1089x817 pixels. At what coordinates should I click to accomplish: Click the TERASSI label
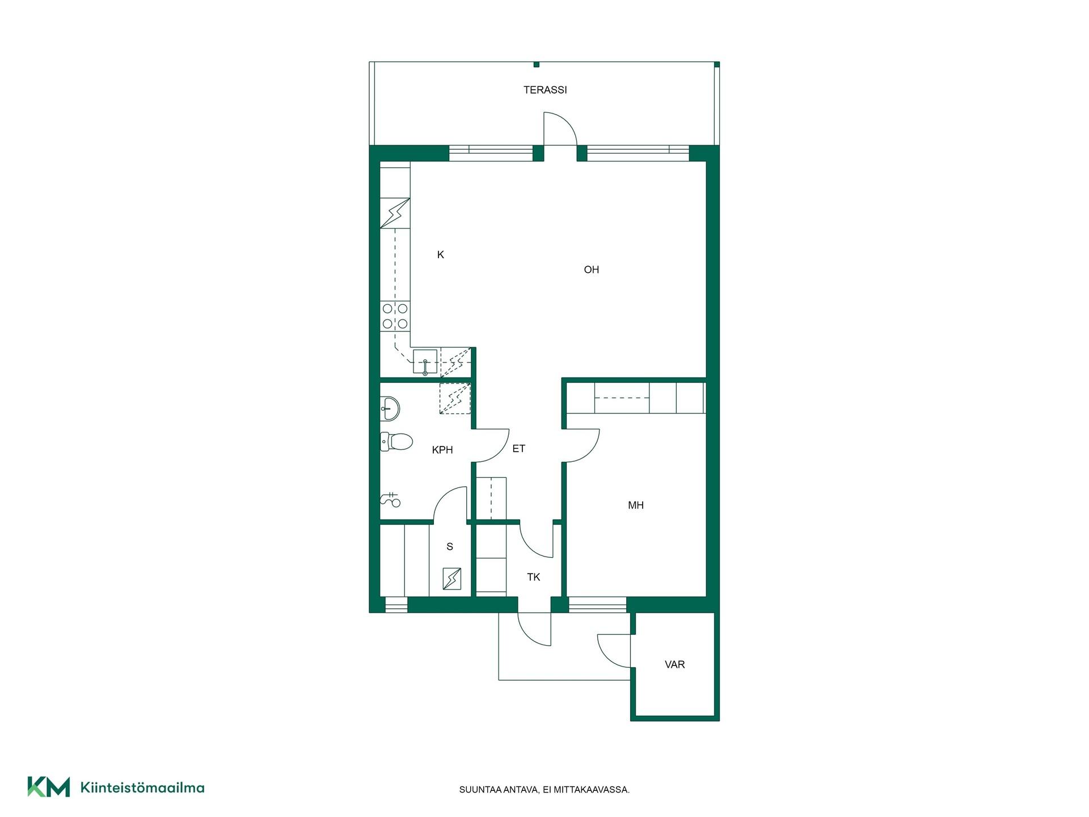[x=545, y=90]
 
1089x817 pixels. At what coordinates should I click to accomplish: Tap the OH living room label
[x=592, y=269]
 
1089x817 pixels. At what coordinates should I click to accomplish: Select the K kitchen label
[x=441, y=255]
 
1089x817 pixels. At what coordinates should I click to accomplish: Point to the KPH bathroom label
[x=442, y=450]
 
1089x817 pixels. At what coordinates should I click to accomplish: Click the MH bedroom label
[x=636, y=505]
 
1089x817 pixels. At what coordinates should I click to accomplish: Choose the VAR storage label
[x=675, y=664]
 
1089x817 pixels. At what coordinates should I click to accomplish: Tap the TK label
[x=534, y=577]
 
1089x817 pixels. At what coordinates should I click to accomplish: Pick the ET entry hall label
[x=519, y=449]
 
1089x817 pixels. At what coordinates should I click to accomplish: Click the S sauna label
[x=450, y=547]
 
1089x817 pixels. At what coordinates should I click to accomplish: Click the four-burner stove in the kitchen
[x=395, y=316]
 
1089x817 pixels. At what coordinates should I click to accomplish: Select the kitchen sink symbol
[x=425, y=363]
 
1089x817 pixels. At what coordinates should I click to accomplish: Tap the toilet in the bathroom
[x=396, y=441]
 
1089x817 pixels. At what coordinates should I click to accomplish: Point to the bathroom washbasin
[x=390, y=408]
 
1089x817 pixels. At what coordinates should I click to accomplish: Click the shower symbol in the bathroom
[x=391, y=500]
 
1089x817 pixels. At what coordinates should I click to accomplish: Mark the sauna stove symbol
[x=451, y=579]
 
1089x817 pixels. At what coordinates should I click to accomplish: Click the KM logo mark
[x=49, y=787]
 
